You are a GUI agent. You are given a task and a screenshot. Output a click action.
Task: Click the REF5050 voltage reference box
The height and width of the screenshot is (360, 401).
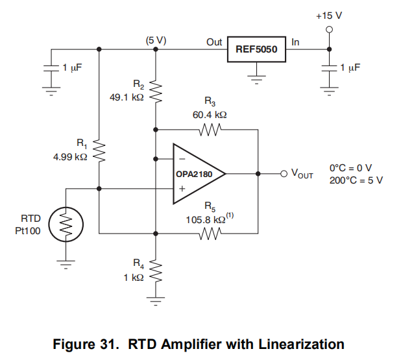click(x=257, y=49)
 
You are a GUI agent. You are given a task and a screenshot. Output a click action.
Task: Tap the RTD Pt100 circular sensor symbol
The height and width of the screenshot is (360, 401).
click(x=66, y=224)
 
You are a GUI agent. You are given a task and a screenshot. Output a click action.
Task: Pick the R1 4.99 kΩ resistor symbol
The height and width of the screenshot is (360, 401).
click(x=99, y=150)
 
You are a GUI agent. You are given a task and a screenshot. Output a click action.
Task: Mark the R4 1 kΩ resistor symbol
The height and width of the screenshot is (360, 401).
click(x=154, y=269)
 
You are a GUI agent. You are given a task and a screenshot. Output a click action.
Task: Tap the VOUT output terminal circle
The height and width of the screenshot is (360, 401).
click(x=284, y=174)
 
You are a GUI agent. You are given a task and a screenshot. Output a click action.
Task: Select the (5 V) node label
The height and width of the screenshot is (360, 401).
click(x=156, y=40)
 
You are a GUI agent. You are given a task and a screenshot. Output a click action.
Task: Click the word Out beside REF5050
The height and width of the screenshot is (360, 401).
click(x=214, y=42)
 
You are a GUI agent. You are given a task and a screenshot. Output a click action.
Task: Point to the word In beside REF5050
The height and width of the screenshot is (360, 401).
click(x=296, y=42)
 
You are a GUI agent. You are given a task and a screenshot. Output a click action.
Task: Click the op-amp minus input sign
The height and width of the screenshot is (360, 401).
click(x=183, y=158)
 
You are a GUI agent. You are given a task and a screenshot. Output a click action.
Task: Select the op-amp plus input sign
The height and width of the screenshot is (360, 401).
click(x=183, y=189)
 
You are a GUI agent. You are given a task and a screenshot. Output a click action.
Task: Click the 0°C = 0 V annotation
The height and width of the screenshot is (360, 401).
click(x=350, y=167)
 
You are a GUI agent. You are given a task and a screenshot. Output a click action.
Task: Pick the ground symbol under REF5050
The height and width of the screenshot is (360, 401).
click(x=257, y=77)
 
